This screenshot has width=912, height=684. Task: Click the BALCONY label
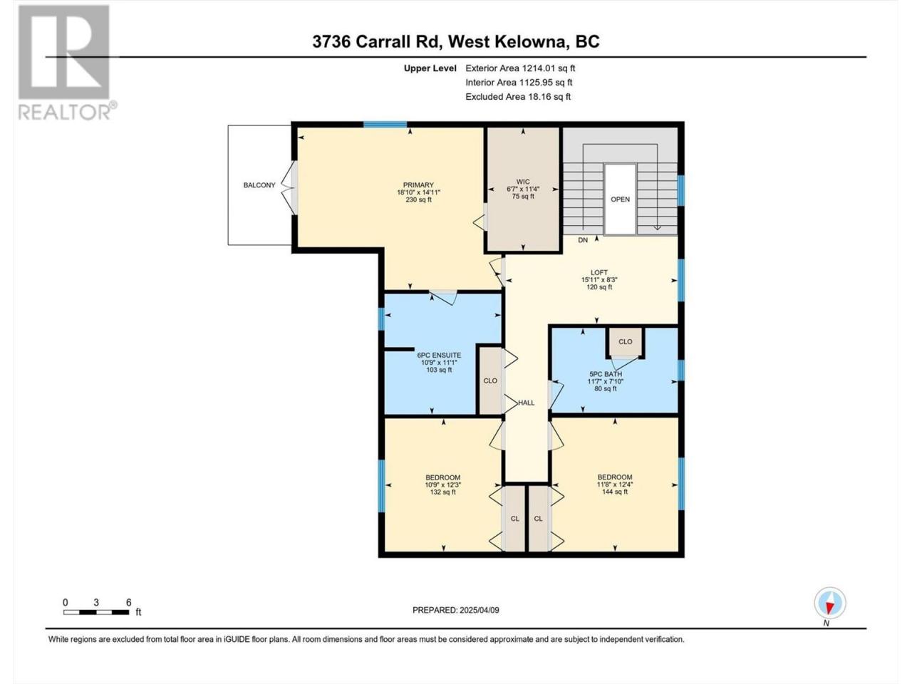click(x=259, y=185)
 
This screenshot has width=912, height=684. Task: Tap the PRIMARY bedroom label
click(x=418, y=185)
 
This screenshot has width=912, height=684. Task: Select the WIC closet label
click(x=523, y=182)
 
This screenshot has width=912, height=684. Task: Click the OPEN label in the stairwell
click(x=620, y=199)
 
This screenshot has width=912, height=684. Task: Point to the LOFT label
click(x=599, y=272)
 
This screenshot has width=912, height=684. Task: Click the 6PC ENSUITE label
click(x=439, y=356)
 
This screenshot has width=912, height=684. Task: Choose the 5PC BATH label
click(x=606, y=374)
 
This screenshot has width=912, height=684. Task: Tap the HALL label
click(x=526, y=403)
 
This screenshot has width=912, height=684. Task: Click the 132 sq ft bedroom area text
click(x=443, y=492)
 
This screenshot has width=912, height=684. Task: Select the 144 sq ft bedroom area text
click(x=615, y=492)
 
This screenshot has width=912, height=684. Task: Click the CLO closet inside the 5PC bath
click(x=626, y=342)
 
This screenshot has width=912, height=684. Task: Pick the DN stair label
click(x=583, y=240)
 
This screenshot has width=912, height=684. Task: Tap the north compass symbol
click(x=830, y=603)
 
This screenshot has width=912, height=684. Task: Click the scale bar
click(x=96, y=613)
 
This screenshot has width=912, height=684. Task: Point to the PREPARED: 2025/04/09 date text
click(x=456, y=611)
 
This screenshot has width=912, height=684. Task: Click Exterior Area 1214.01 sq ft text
click(x=520, y=68)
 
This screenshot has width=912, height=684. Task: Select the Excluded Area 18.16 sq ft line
click(x=518, y=97)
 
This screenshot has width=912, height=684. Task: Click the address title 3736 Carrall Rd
click(x=376, y=42)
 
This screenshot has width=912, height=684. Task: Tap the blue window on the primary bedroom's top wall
click(x=385, y=124)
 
